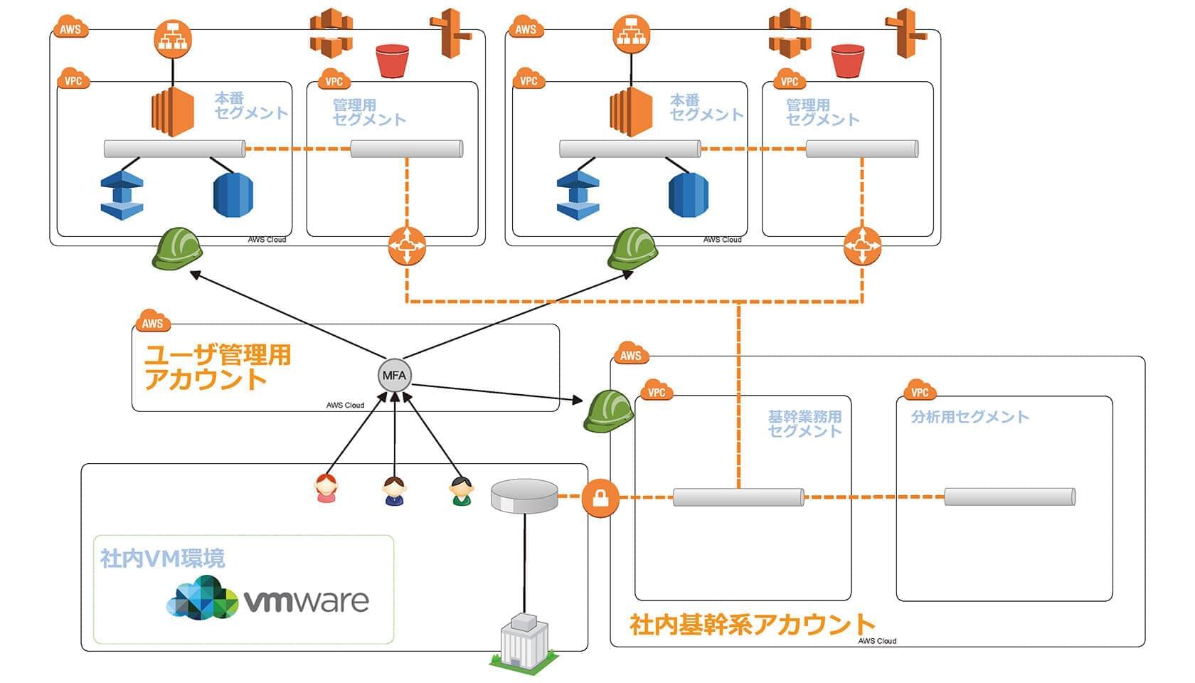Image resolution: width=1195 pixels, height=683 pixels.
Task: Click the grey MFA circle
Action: (x=394, y=376)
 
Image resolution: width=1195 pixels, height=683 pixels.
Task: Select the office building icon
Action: (x=525, y=640)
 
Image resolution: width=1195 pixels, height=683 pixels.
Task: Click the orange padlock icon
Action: (x=600, y=497)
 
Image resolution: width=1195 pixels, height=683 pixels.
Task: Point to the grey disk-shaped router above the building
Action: (x=525, y=496)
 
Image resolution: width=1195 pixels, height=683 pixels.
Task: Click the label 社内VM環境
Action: (x=163, y=558)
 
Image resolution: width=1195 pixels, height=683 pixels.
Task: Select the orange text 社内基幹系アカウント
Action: (x=752, y=624)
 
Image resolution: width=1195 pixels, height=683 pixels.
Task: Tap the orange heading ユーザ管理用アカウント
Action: (x=218, y=367)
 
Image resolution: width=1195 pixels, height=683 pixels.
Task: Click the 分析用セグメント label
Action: (x=970, y=417)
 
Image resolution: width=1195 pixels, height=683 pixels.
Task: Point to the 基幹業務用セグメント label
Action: (x=804, y=423)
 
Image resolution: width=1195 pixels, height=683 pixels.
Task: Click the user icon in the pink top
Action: (x=326, y=489)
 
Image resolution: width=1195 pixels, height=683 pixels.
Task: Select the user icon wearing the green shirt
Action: (x=461, y=491)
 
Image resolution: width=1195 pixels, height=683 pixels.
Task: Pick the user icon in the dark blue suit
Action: (x=394, y=491)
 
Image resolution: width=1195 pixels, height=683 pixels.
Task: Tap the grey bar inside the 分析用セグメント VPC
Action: (x=1009, y=497)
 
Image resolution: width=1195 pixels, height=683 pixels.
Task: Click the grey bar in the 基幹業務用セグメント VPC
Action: (x=738, y=497)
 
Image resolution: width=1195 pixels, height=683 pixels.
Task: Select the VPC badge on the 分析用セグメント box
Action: (x=920, y=391)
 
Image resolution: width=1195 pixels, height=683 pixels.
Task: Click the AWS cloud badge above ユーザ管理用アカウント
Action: (x=152, y=322)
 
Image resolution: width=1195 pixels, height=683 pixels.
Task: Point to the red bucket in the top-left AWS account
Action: (x=393, y=61)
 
